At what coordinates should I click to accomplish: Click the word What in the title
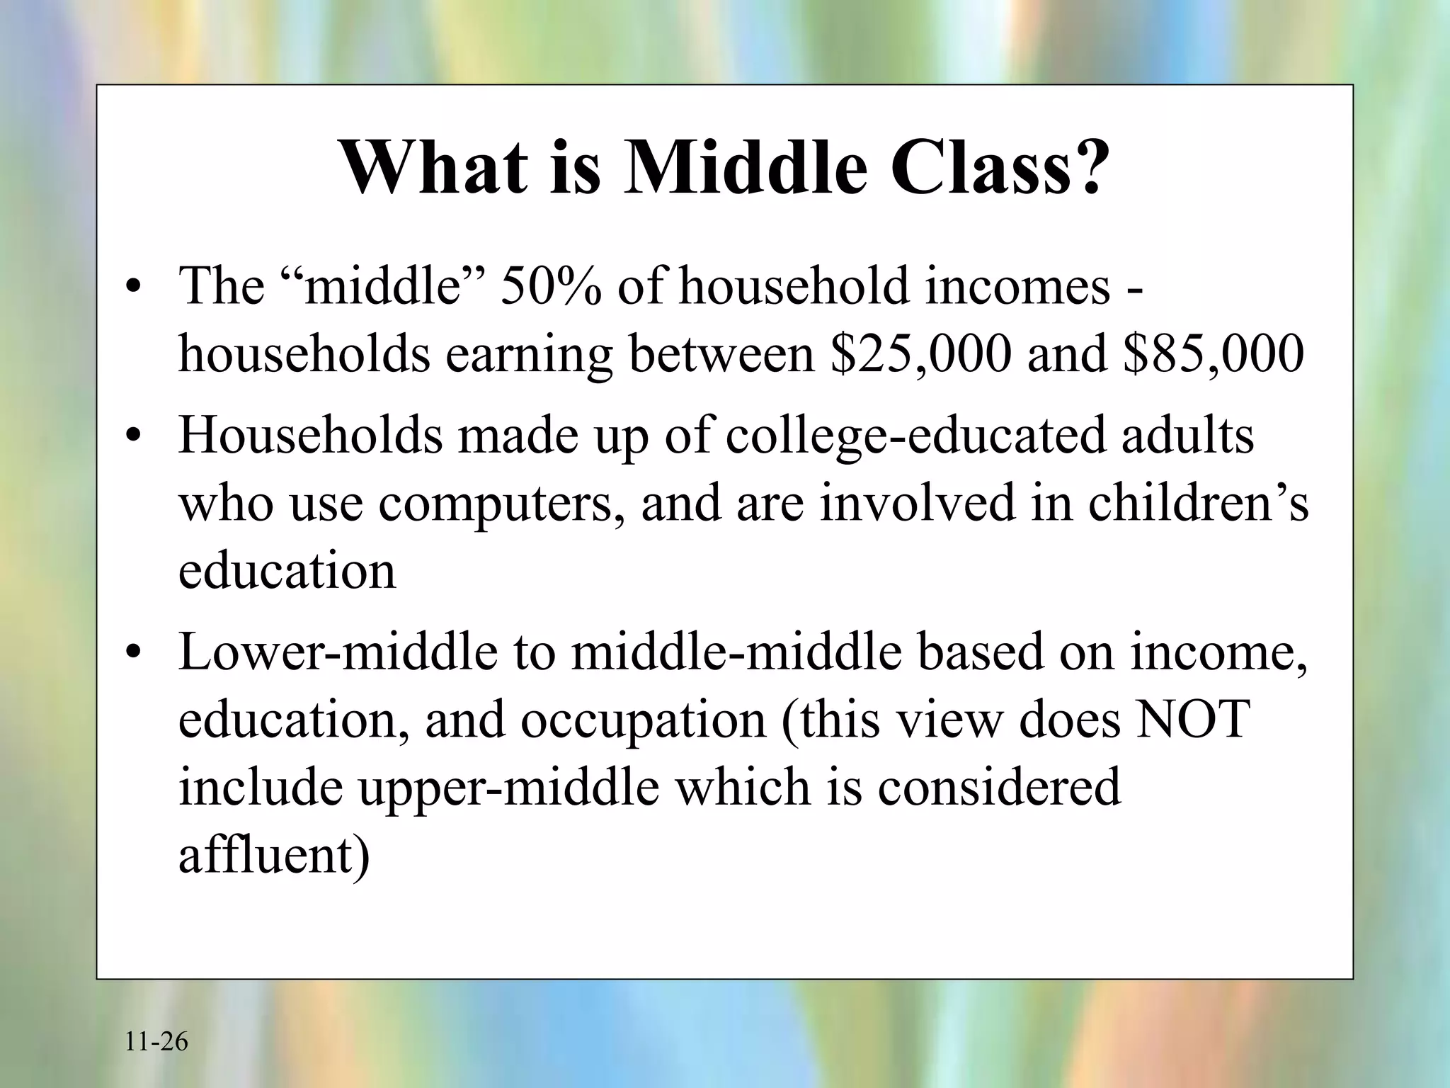434,167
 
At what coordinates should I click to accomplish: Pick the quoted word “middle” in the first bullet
386,287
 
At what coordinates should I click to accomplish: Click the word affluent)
273,855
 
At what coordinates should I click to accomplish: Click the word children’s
1198,504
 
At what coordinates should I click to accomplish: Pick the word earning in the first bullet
528,355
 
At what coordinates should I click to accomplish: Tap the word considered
999,787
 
